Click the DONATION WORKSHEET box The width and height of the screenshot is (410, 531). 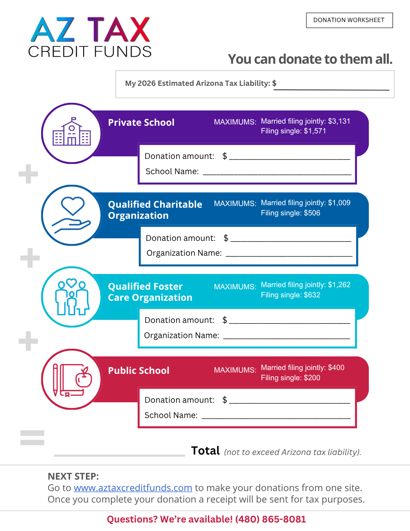[x=349, y=20]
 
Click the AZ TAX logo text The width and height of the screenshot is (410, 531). [x=90, y=29]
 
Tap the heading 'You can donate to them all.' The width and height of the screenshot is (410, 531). [x=310, y=59]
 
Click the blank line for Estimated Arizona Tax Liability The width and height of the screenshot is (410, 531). [x=331, y=90]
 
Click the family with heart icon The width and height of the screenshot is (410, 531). [x=72, y=297]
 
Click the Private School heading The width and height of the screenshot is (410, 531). [x=141, y=122]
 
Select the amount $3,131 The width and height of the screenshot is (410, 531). [x=339, y=121]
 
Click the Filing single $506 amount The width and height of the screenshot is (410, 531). [x=312, y=213]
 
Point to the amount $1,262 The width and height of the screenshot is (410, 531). [x=339, y=285]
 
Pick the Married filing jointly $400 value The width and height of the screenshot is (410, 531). [x=336, y=367]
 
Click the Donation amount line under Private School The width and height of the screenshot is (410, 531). [x=289, y=159]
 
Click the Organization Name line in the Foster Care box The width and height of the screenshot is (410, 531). [x=286, y=339]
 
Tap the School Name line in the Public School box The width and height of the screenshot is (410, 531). [x=276, y=418]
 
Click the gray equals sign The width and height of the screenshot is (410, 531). [x=32, y=438]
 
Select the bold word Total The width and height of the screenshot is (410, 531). [x=205, y=451]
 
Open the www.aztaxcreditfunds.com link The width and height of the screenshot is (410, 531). [x=133, y=488]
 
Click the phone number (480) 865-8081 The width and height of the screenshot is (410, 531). [x=270, y=519]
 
